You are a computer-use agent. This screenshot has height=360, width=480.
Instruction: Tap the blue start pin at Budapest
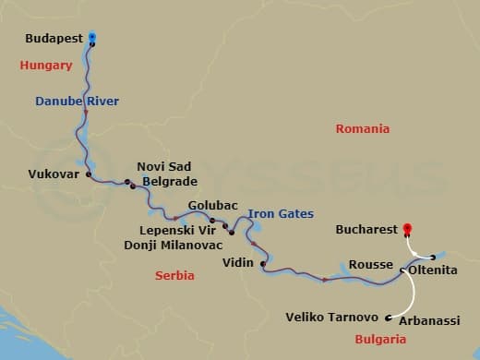click(92, 38)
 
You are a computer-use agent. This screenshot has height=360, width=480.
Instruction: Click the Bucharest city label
click(366, 228)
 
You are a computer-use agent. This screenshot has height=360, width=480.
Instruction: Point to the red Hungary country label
click(46, 66)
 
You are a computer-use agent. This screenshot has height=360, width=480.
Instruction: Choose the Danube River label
click(76, 100)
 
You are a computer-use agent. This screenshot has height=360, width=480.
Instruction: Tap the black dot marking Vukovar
click(89, 174)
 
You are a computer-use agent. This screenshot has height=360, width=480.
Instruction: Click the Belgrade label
click(169, 183)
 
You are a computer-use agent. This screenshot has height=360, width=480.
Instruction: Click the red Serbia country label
click(174, 276)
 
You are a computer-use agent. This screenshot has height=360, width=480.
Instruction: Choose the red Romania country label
click(362, 129)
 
